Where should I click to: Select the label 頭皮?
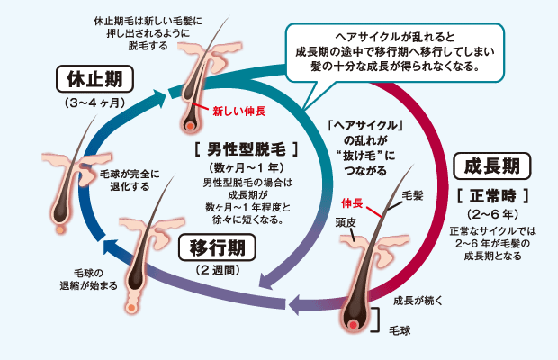coord(347,220)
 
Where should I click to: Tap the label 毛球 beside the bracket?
coord(399,331)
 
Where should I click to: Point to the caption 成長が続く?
coord(418,298)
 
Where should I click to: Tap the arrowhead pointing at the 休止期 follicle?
coord(172,91)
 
